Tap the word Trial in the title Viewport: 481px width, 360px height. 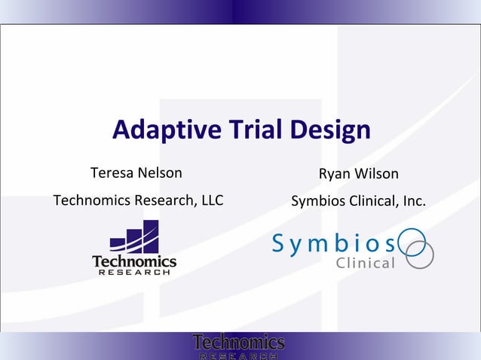coord(253,131)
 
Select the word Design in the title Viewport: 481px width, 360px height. coord(329,131)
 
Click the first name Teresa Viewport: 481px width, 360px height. coord(111,173)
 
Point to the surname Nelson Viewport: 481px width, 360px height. coord(159,173)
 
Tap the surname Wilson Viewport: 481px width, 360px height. coord(376,174)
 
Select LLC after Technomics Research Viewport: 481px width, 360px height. coord(210,202)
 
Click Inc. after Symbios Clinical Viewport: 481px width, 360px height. coord(412,202)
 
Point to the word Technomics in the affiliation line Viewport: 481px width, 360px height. coord(91,202)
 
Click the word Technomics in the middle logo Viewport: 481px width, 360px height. coord(134,261)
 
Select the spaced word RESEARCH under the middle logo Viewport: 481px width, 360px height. coord(134,273)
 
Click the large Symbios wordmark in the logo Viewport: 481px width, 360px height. coord(333,243)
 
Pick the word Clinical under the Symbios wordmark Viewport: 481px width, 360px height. coord(365,264)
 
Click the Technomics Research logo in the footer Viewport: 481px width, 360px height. coord(238,346)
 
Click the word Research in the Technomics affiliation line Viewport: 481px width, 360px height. coord(164,202)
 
